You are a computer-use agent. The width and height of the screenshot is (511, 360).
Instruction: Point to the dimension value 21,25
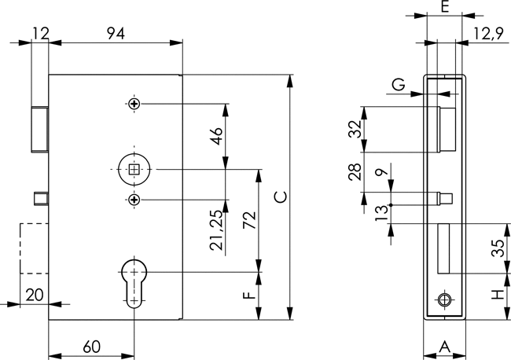(x=216, y=230)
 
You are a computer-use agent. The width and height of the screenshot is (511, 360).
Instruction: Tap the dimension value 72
(x=251, y=220)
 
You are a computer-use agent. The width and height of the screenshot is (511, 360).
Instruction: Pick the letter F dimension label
(x=249, y=296)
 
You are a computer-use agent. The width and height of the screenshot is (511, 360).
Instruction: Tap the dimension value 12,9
(x=488, y=33)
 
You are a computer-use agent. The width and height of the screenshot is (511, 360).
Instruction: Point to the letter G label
(x=399, y=85)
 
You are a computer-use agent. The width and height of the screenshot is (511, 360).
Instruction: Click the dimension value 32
(x=355, y=129)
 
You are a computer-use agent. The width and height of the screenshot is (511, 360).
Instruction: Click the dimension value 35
(x=498, y=248)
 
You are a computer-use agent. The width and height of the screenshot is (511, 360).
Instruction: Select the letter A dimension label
(x=444, y=347)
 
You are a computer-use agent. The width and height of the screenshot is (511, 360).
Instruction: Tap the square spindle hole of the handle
(x=135, y=168)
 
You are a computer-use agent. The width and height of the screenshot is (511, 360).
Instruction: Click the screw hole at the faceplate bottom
(x=445, y=300)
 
